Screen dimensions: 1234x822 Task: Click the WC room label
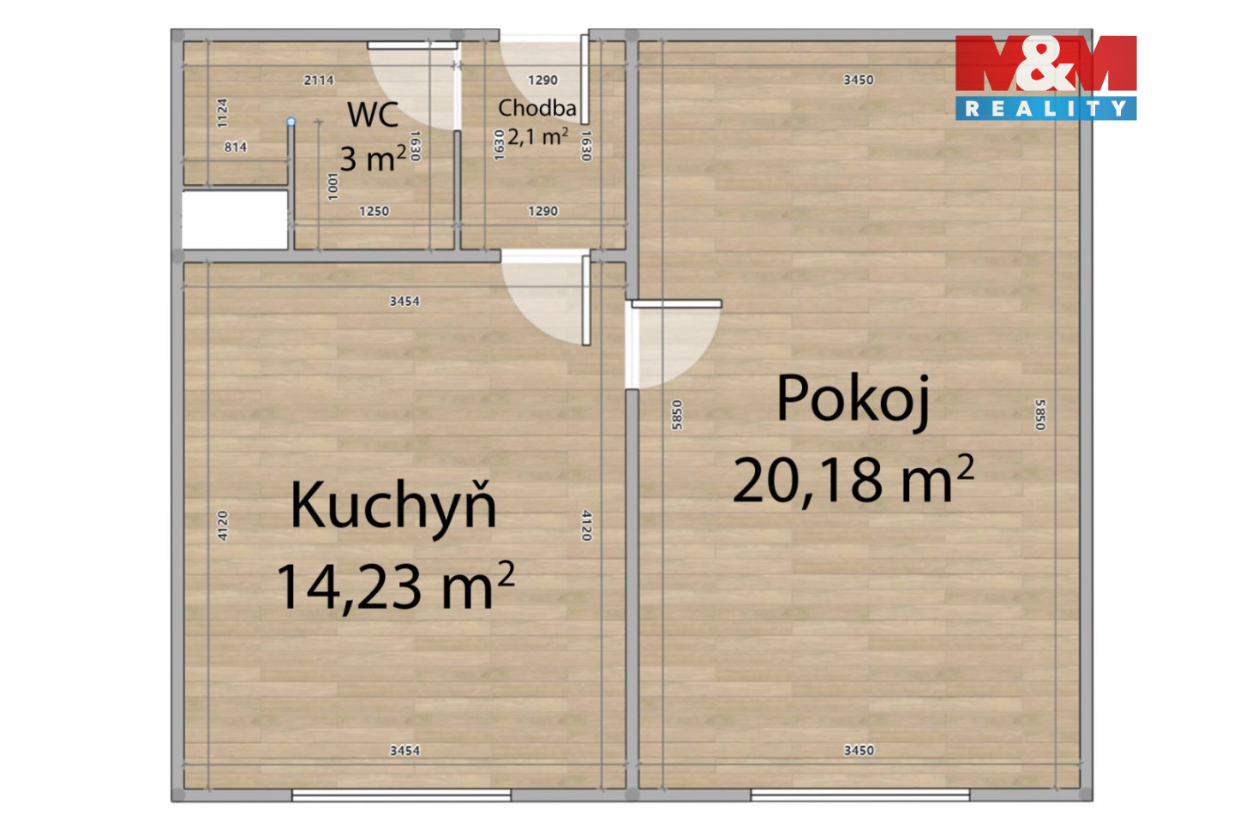[x=373, y=115]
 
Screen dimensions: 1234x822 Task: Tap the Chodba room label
[x=537, y=108]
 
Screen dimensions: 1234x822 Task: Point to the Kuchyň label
[x=393, y=507]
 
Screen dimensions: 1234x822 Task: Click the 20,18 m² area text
[x=854, y=479]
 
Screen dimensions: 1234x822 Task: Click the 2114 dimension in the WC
[x=319, y=81]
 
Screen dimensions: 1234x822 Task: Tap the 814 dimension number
[x=236, y=147]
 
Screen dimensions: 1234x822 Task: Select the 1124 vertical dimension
[x=222, y=113]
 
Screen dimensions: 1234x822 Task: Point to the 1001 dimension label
[x=332, y=187]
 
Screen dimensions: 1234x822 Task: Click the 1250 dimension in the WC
[x=374, y=212]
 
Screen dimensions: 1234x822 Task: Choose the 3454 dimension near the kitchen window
[x=404, y=750]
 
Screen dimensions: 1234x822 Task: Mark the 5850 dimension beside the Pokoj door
[x=677, y=415]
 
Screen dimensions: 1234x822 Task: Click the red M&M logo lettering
[x=1045, y=63]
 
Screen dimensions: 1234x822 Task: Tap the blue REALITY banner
[x=1045, y=109]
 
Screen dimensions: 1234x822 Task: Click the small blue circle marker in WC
[x=291, y=122]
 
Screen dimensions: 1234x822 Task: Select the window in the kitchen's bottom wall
[x=401, y=795]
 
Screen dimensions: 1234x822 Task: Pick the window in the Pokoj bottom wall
[x=860, y=795]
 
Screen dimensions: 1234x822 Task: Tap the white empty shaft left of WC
[x=235, y=219]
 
